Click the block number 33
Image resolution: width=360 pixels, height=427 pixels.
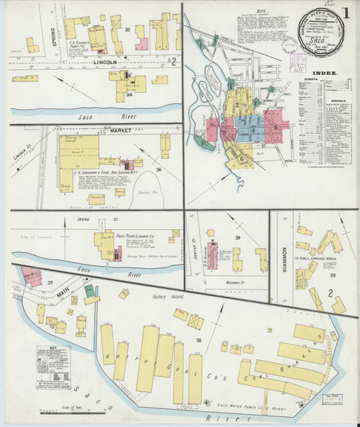(x=127, y=30)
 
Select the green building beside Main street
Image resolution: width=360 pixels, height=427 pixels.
(x=89, y=289)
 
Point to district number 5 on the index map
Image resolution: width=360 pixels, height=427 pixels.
(x=276, y=127)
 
